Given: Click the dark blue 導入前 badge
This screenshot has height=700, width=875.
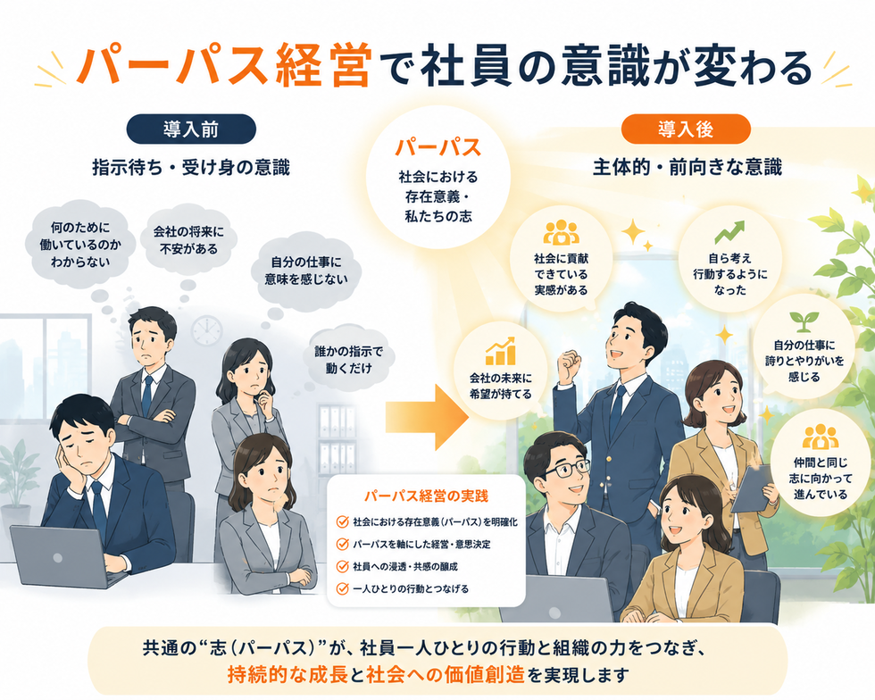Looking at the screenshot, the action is (x=191, y=129).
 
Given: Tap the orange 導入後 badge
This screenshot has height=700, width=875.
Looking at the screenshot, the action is (x=686, y=129).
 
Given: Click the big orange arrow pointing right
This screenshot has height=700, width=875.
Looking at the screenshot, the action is (x=427, y=417).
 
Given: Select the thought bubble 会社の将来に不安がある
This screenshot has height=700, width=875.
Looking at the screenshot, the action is (x=188, y=240).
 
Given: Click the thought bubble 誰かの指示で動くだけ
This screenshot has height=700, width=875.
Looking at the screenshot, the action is (x=349, y=360).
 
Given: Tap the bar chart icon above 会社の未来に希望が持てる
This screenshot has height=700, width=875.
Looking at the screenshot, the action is (x=500, y=352).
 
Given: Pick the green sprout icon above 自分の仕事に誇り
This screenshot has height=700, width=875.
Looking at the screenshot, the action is (x=804, y=321).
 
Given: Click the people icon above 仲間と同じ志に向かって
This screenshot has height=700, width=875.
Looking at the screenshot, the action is (x=821, y=437).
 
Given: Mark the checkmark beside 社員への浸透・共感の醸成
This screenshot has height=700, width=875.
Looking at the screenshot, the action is (x=342, y=567).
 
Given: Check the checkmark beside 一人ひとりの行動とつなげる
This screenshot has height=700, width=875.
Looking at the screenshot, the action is (x=342, y=589).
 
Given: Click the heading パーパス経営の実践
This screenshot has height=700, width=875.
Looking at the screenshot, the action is (x=426, y=496).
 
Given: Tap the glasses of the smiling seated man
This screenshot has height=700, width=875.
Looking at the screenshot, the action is (x=564, y=469).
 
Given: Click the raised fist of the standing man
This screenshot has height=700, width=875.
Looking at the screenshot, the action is (x=567, y=363).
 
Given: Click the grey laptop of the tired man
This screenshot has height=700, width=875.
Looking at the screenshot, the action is (x=62, y=556).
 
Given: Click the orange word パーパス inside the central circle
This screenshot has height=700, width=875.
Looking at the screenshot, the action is (x=438, y=148).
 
